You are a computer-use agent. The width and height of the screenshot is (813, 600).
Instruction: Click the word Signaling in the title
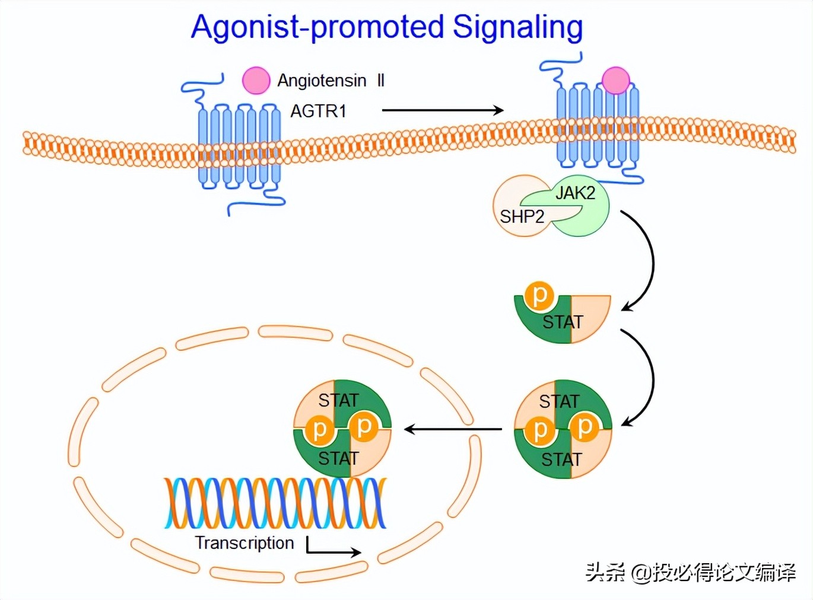click(x=517, y=27)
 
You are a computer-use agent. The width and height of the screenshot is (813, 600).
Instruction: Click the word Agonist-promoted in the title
click(x=317, y=27)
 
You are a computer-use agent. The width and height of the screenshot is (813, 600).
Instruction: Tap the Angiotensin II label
click(x=331, y=80)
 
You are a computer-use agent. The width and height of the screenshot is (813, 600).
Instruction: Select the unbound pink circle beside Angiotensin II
click(x=256, y=81)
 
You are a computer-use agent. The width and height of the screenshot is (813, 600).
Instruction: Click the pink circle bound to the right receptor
click(x=615, y=80)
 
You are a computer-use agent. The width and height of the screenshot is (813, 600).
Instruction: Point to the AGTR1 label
click(x=318, y=111)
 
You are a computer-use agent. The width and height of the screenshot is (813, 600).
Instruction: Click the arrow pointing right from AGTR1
click(x=442, y=110)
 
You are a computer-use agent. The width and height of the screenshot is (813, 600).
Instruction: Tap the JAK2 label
click(x=575, y=193)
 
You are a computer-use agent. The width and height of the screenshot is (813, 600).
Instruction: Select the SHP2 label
click(x=522, y=216)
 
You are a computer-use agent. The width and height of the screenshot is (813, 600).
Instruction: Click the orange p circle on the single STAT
click(x=539, y=295)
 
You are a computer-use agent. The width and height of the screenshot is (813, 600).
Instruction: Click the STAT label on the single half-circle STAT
click(x=563, y=322)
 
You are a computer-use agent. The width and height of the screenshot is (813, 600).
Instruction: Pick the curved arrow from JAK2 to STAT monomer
click(x=644, y=261)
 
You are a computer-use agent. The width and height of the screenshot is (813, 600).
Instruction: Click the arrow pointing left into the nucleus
click(x=453, y=429)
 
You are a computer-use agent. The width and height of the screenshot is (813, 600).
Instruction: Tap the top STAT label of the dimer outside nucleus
click(x=558, y=401)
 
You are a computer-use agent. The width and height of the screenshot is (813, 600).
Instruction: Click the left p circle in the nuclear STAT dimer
click(x=319, y=429)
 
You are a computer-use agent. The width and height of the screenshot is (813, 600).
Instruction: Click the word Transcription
click(x=244, y=542)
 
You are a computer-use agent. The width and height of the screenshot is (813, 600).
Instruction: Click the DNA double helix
click(x=275, y=503)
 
